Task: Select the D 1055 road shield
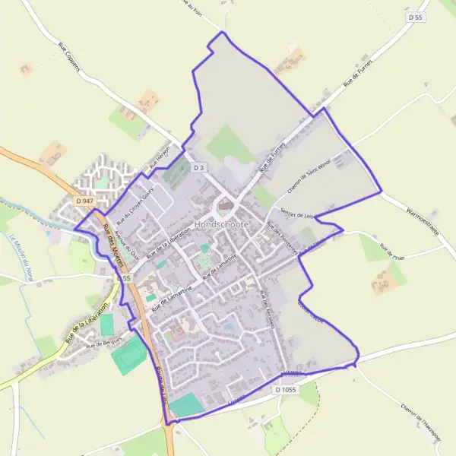(x=285, y=389)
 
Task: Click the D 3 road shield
(x=199, y=167)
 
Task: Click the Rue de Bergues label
(x=104, y=344)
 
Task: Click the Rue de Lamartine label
(x=170, y=297)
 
